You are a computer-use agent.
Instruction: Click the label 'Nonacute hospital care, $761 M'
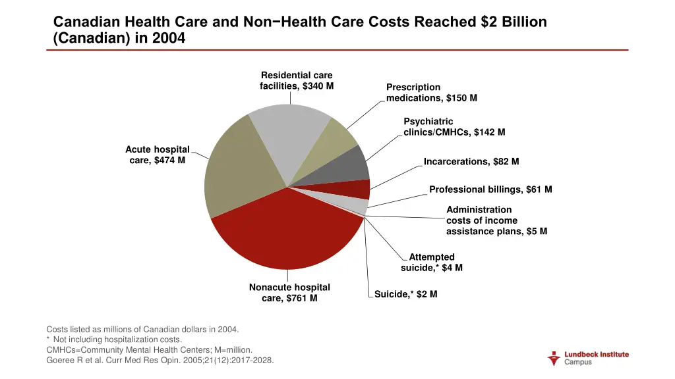coord(289,293)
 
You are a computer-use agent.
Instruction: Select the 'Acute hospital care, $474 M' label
coord(158,155)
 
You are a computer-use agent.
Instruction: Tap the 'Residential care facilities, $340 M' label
coord(297,81)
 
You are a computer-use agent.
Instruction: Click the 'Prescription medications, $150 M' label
coord(432,93)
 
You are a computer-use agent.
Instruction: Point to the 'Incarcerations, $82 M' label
coord(471,161)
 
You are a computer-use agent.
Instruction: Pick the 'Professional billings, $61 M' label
coord(490,189)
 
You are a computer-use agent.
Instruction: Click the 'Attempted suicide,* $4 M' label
coord(432,263)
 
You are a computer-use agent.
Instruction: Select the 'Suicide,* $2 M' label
coord(405,294)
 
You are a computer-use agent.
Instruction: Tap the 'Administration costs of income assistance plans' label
coord(496,220)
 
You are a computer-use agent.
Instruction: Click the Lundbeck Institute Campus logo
coord(589,358)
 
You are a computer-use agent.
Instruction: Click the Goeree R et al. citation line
coord(160,361)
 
